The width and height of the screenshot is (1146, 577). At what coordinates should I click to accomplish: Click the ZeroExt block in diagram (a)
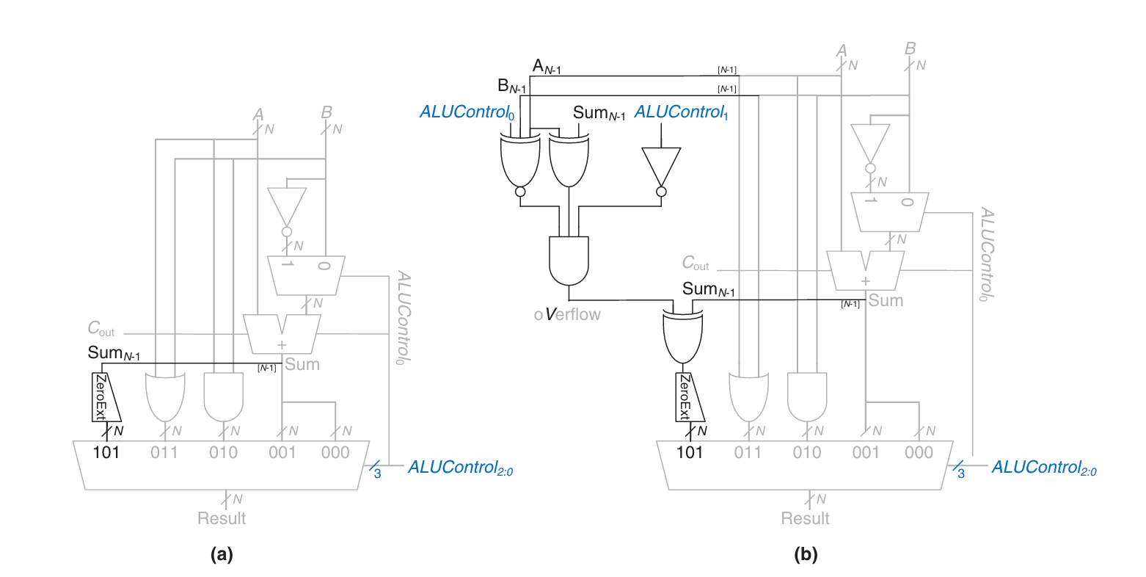click(x=106, y=397)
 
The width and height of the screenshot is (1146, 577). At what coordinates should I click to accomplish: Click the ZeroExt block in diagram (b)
click(x=689, y=397)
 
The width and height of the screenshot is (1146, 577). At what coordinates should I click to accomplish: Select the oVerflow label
click(x=567, y=314)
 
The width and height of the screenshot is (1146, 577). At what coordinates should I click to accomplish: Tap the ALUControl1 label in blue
click(x=681, y=112)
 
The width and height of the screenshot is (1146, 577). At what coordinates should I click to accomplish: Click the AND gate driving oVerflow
click(x=569, y=261)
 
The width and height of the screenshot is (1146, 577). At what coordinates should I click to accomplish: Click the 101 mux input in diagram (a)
click(x=106, y=452)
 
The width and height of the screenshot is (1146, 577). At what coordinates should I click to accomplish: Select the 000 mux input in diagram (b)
click(x=919, y=452)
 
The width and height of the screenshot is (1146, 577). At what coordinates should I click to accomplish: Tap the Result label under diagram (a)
click(x=222, y=518)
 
